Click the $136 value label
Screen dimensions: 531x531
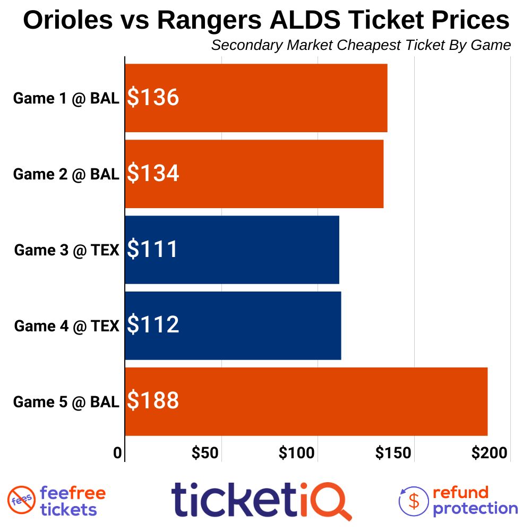pos(153,98)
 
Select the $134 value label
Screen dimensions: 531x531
pos(153,174)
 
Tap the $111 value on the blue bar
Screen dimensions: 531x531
pos(152,250)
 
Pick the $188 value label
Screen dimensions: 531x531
pos(153,401)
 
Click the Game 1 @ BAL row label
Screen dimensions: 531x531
pos(66,99)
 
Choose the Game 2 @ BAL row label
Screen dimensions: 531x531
pos(66,175)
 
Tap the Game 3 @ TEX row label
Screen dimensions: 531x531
pos(66,250)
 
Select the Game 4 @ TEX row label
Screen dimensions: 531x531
pos(66,326)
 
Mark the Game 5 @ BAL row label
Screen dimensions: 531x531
pos(66,402)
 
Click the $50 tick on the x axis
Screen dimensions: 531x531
pos(205,453)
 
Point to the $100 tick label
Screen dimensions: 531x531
pos(297,453)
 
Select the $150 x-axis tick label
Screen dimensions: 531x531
pos(393,453)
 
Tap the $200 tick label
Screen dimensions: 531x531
pos(490,453)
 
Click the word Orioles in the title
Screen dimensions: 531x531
pos(68,21)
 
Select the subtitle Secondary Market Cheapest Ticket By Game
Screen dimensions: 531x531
pos(361,45)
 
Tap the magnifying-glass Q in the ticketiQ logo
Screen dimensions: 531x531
pos(332,501)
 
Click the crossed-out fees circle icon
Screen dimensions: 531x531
pos(21,500)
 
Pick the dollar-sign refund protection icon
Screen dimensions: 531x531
pos(414,500)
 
